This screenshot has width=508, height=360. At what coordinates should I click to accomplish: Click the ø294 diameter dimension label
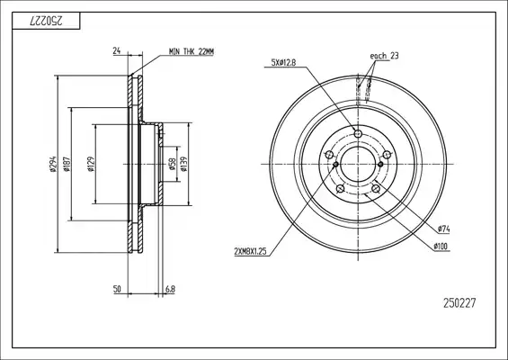click(53, 164)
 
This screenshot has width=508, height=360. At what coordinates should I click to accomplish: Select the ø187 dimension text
click(67, 164)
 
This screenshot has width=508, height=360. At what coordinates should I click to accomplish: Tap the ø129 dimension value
click(91, 164)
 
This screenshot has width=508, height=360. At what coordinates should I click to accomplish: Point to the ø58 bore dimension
click(172, 164)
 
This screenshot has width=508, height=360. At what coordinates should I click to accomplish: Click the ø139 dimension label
click(184, 164)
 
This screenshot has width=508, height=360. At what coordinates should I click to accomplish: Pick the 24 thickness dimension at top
click(117, 50)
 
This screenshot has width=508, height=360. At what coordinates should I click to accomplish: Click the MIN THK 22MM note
click(192, 51)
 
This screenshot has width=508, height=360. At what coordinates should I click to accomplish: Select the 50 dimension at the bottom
click(117, 289)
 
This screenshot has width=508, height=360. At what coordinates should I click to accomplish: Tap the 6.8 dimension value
click(170, 289)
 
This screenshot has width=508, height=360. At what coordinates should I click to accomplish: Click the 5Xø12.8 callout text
click(283, 62)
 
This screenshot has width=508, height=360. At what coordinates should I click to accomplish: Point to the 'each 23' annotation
click(384, 56)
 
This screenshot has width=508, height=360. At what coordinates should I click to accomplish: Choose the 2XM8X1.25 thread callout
click(250, 251)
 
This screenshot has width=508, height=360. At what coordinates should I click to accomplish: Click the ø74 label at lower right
click(443, 229)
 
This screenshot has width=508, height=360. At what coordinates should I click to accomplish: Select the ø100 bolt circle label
click(441, 247)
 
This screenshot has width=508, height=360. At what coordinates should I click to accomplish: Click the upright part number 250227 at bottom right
click(459, 303)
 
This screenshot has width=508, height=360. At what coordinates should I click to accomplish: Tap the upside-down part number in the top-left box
click(46, 21)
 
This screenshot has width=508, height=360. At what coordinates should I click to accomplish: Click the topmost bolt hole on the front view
click(358, 133)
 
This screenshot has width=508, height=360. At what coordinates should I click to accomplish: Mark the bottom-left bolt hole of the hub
click(340, 188)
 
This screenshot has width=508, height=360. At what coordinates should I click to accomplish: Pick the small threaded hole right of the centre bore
click(380, 164)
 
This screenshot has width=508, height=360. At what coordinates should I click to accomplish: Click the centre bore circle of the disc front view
click(358, 147)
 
